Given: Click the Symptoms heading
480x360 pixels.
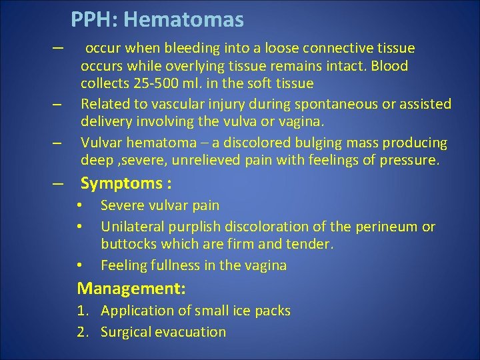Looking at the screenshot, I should [x=122, y=183].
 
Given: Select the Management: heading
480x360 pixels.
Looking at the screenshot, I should [x=131, y=289].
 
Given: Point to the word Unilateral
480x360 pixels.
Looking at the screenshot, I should [x=134, y=227].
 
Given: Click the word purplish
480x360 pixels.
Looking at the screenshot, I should [x=198, y=227].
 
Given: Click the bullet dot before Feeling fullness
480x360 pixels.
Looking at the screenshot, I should [x=79, y=265].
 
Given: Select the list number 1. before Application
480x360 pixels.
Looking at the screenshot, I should [x=84, y=311].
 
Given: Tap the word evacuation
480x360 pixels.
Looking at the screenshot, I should [x=191, y=332].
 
